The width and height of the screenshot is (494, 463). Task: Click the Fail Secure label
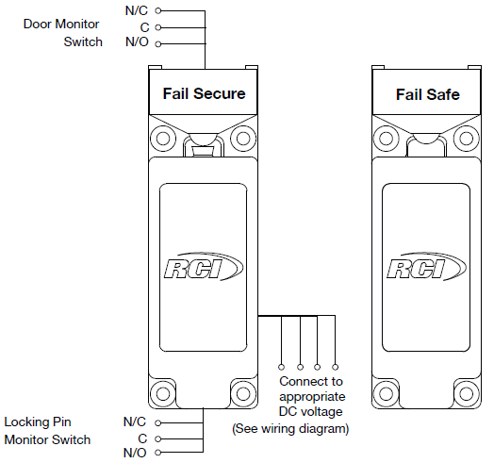204,93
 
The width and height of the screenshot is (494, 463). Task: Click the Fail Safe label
427,94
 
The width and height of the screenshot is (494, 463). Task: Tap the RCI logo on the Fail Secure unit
204,266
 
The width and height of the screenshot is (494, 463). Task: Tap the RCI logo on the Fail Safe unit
426,266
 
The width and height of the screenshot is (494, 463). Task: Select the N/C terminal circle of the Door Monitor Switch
158,11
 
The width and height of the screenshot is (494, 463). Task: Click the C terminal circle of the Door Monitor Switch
158,27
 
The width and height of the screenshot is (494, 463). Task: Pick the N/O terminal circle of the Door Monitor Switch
158,43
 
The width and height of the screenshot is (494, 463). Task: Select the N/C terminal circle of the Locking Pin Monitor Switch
158,422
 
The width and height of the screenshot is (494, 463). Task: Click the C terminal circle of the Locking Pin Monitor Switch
158,438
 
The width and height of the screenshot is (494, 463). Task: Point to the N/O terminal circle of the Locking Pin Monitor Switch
158,453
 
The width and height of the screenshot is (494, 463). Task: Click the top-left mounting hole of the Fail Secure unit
163,138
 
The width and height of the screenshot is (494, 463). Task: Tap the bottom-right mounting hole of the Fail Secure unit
243,393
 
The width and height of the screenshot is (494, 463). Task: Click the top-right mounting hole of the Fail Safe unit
467,138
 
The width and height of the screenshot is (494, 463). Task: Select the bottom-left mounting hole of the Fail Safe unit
387,393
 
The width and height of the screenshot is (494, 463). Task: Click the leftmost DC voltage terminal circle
281,367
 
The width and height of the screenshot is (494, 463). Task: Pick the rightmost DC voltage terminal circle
336,367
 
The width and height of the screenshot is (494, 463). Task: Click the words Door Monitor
61,24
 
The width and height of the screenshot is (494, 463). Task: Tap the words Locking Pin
38,422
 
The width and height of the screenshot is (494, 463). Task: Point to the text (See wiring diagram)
290,429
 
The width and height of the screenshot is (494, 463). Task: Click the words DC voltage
311,412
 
